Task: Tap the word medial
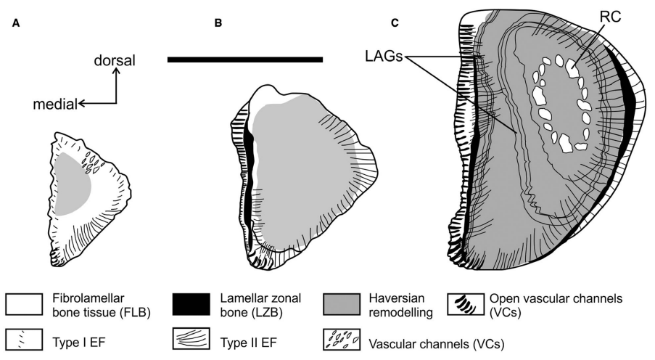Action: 55,105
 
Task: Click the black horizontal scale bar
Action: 244,59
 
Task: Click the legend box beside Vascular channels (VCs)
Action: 341,340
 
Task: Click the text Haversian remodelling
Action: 394,304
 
